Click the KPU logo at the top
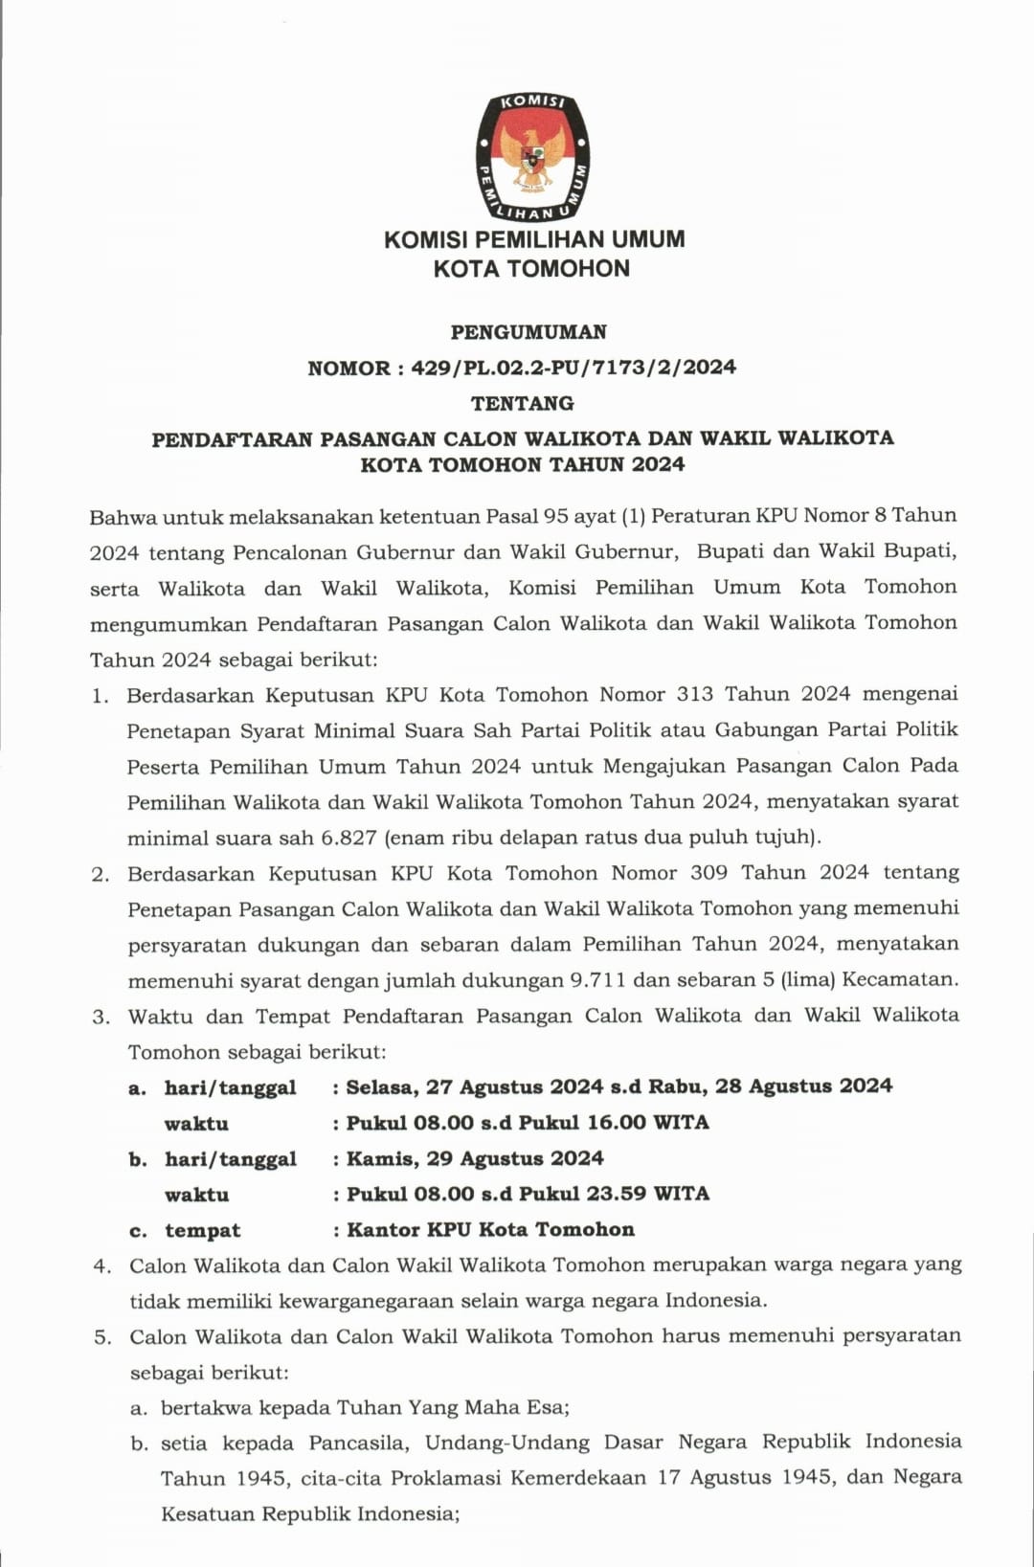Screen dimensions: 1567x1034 coord(532,157)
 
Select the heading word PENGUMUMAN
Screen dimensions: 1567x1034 coord(528,332)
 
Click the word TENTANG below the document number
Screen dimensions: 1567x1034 coord(523,403)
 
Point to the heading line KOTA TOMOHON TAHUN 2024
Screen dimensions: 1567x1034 coord(523,465)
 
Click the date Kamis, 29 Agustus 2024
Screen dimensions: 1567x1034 coord(475,1158)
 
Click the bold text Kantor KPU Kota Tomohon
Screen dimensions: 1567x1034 coord(490,1230)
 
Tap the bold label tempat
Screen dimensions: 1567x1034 coord(202,1231)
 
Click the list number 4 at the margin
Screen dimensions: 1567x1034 coord(101,1265)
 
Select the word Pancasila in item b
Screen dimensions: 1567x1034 coord(359,1443)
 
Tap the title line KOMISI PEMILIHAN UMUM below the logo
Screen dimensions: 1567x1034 coord(534,239)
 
